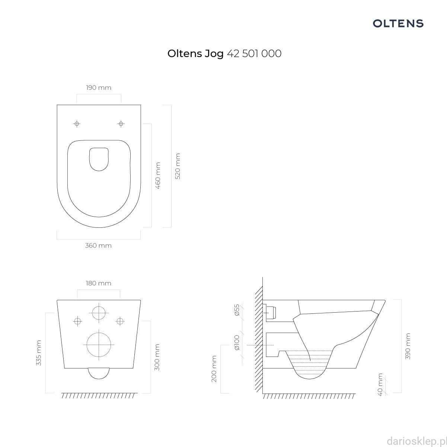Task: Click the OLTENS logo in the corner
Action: (398, 23)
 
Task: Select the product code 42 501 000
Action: (254, 54)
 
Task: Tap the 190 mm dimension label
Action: (99, 88)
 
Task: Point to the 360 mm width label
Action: (98, 245)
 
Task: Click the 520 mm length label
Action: (178, 166)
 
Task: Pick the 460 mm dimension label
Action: (158, 176)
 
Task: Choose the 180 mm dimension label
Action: (99, 283)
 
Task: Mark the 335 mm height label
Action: (38, 353)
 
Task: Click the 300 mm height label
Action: (157, 357)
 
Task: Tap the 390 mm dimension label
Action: (408, 346)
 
